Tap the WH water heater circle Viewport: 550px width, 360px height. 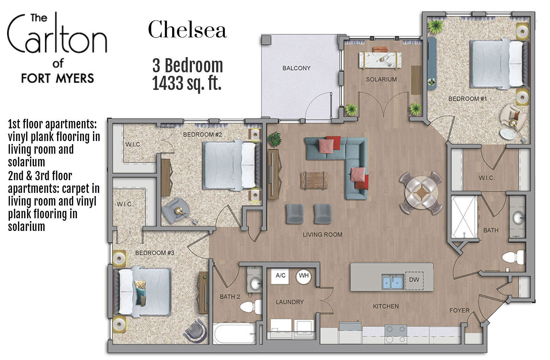[x=304, y=275]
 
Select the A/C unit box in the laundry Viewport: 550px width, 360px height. [x=280, y=275]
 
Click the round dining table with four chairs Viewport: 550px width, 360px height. [x=421, y=193]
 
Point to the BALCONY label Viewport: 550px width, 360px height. [x=296, y=68]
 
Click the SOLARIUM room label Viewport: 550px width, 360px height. [x=381, y=79]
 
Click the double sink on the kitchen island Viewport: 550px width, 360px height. [x=393, y=282]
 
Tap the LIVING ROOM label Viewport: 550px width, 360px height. [x=322, y=234]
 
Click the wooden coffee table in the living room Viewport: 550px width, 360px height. [x=314, y=180]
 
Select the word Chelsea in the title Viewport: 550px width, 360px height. [x=187, y=30]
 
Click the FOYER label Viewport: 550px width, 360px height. [x=459, y=310]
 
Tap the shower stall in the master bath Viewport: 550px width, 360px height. [x=464, y=216]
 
